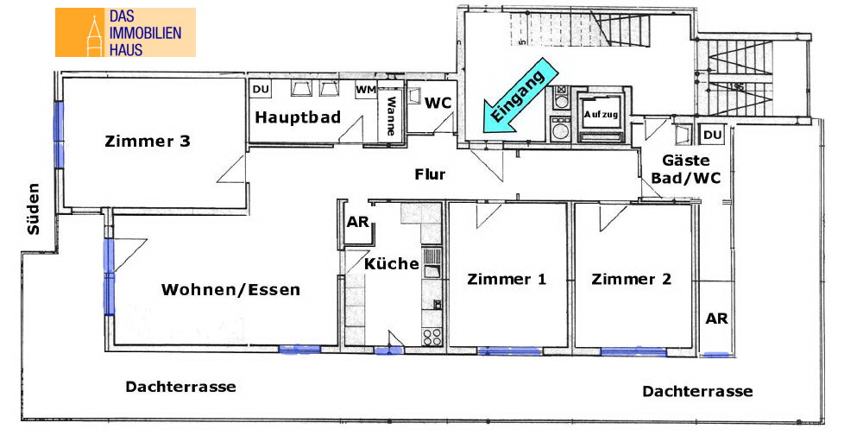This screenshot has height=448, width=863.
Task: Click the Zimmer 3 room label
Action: coord(148,141)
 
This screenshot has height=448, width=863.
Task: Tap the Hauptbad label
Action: coord(298,117)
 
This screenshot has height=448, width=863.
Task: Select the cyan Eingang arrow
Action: coord(520,97)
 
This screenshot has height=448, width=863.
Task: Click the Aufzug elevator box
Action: coord(601,115)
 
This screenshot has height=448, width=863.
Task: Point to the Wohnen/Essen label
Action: coord(230,289)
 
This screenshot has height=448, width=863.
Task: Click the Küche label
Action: coord(391,263)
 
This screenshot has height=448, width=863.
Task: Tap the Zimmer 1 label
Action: coord(507,279)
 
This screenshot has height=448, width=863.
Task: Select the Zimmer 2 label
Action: coord(632,279)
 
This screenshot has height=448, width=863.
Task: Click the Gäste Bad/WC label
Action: coord(686,169)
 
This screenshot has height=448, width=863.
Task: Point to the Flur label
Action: coord(430,174)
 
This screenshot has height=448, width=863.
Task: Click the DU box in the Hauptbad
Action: coord(261,89)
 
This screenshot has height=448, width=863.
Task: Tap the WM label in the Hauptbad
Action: coord(365,89)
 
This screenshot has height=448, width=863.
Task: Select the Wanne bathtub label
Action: coord(391,116)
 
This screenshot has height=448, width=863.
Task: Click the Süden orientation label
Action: coord(34,209)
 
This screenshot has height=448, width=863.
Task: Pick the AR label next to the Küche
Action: coord(358,222)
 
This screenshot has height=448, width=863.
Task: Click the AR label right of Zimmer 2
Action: coord(716,319)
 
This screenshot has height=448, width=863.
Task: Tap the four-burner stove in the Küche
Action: coord(432,337)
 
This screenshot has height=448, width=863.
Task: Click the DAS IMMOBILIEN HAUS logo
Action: coord(125,33)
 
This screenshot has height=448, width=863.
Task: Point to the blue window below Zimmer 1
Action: coord(510,350)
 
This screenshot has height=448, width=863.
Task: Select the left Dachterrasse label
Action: coord(180,387)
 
